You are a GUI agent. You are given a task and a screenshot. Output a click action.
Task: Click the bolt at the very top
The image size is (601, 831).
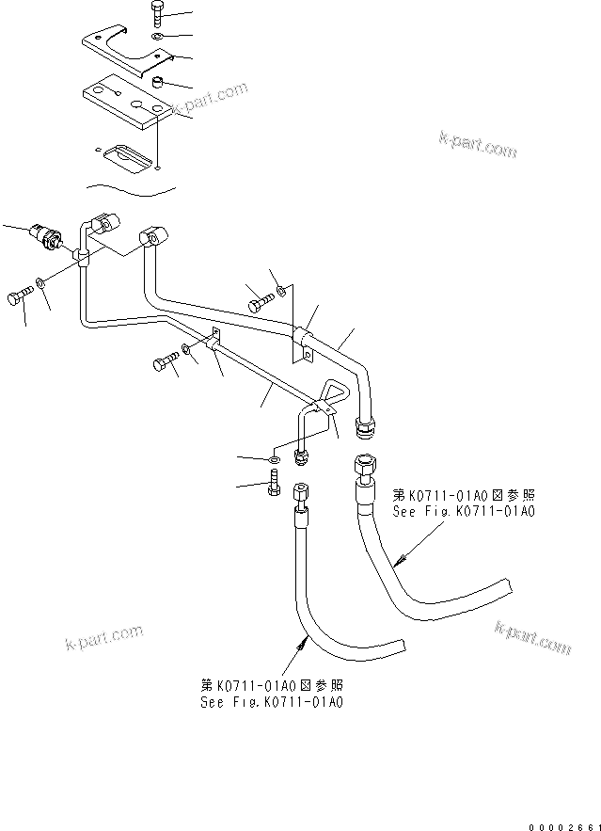point(156,13)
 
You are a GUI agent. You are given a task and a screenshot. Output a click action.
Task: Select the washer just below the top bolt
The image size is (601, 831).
point(156,37)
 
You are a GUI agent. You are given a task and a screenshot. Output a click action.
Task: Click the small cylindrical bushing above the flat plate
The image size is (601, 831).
point(160,83)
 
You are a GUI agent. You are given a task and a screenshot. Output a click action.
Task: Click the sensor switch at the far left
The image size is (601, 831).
point(48,234)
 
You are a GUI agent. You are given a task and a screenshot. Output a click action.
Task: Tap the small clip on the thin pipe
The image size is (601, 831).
point(213,343)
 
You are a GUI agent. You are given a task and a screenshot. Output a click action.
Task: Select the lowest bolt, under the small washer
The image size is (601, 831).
point(274,487)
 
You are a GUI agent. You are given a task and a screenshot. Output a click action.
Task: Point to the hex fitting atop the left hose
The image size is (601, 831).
point(299,493)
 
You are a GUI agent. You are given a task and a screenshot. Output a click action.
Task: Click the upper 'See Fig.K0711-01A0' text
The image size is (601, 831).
point(462,511)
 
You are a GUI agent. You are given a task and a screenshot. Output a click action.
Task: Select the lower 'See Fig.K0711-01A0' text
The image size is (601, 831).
point(271,700)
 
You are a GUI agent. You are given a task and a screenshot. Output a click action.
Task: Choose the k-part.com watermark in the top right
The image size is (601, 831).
point(477,145)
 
